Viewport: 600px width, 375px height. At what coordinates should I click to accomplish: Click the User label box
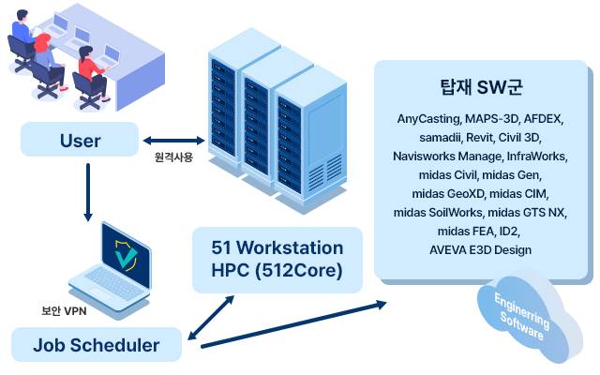80,141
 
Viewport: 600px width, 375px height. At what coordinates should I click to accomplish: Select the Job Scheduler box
96,344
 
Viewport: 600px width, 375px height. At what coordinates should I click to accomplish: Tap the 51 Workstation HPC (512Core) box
277,260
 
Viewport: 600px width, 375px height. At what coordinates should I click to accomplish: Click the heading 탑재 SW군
481,90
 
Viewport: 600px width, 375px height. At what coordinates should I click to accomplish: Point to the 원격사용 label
173,157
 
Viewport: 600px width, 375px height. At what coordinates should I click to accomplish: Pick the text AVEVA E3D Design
480,250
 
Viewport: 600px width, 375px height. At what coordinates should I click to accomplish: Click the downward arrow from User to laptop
87,191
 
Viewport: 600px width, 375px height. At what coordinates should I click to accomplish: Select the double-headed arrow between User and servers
173,141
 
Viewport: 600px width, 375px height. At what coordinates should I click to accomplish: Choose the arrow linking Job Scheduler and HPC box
211,319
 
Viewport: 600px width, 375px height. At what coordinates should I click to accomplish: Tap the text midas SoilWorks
437,213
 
